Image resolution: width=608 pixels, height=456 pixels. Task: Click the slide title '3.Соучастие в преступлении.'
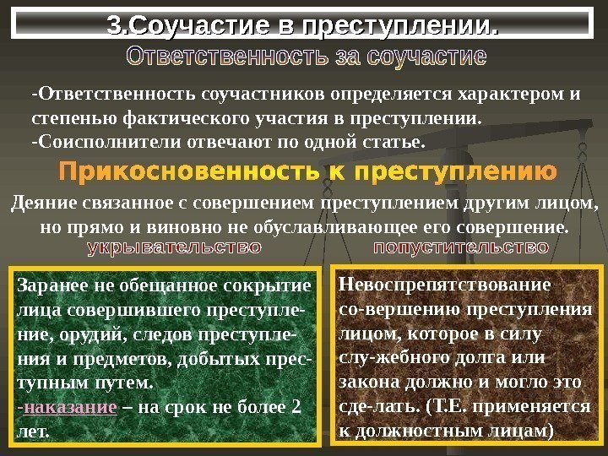304,26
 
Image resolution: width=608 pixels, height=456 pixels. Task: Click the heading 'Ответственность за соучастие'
305,60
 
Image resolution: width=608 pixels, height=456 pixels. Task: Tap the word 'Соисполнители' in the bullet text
88,138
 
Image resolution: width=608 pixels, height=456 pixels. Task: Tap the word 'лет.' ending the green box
34,431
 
